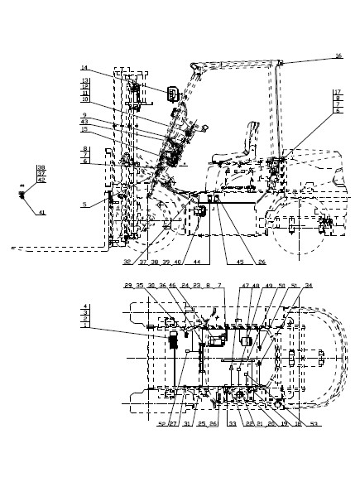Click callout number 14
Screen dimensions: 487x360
pyautogui.click(x=84, y=68)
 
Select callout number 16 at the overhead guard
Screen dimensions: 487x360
pyautogui.click(x=338, y=56)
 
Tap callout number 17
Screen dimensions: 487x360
pyautogui.click(x=338, y=91)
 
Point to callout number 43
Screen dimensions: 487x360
pyautogui.click(x=84, y=123)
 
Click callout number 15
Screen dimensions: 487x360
pyautogui.click(x=84, y=129)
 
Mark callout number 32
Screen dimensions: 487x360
pyautogui.click(x=127, y=262)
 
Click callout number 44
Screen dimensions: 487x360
pyautogui.click(x=196, y=262)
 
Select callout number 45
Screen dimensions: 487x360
pyautogui.click(x=239, y=262)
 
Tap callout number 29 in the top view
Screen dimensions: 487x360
pyautogui.click(x=128, y=286)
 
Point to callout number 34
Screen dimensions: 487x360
pyautogui.click(x=308, y=286)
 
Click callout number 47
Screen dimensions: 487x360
pyautogui.click(x=246, y=286)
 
